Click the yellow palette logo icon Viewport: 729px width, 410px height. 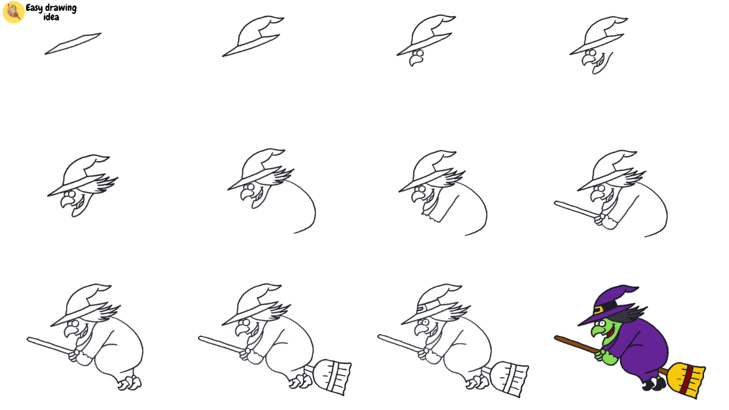click(x=13, y=12)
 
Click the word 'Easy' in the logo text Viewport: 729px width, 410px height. click(x=34, y=9)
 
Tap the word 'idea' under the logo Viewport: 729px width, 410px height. click(x=51, y=18)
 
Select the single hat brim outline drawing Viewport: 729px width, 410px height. click(x=73, y=44)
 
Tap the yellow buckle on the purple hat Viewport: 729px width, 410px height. click(x=598, y=310)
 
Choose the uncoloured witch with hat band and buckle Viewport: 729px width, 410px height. click(x=450, y=340)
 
